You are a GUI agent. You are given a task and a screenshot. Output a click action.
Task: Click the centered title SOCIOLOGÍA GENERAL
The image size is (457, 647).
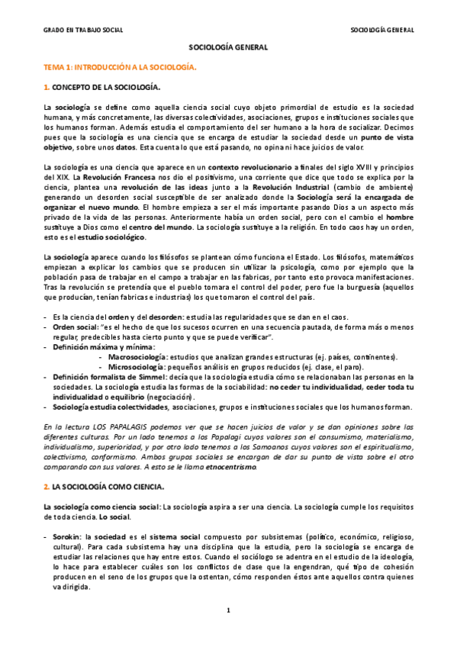click(x=228, y=47)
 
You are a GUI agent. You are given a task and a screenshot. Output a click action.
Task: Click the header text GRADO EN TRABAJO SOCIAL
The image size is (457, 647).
click(x=82, y=30)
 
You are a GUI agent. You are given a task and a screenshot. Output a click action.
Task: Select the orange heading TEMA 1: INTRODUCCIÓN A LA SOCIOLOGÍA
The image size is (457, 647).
click(x=120, y=67)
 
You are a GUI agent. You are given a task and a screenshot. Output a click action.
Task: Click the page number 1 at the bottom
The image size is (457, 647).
click(x=228, y=610)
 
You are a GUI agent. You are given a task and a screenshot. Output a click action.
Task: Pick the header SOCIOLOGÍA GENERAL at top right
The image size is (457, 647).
click(x=381, y=30)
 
